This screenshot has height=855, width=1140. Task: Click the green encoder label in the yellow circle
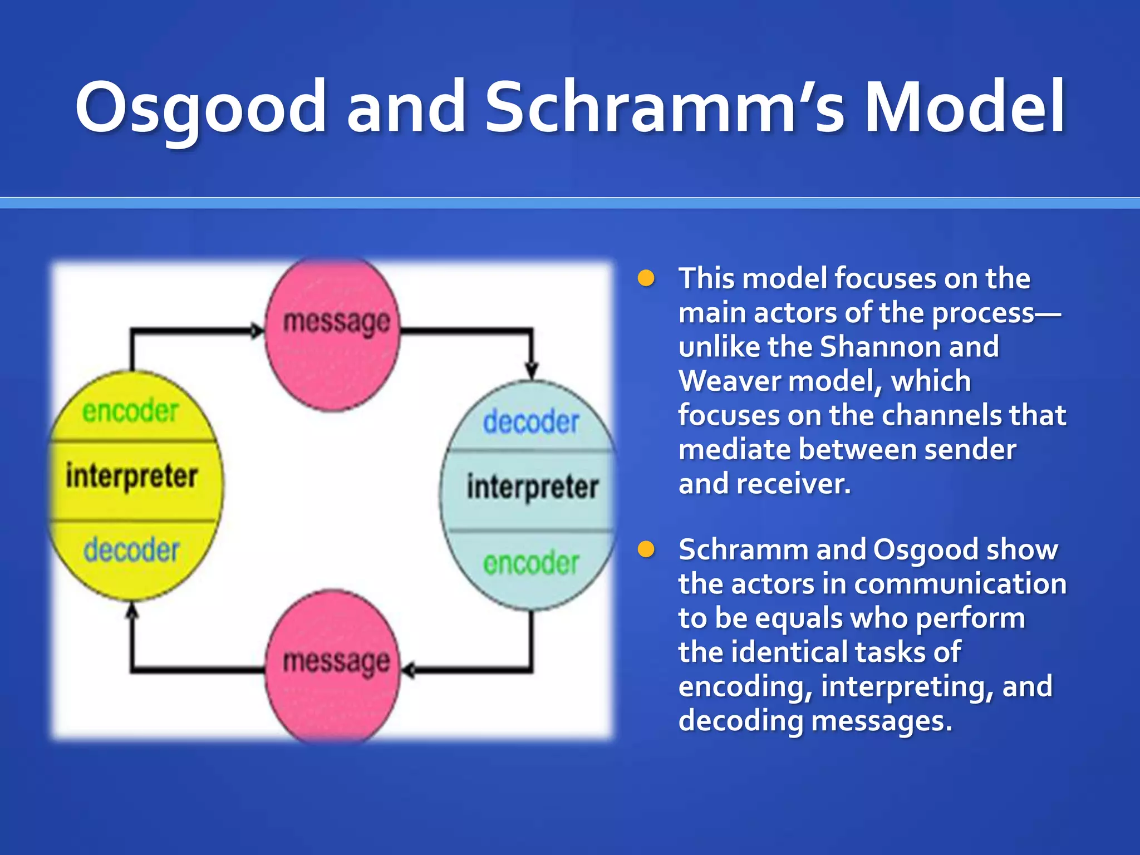tap(130, 412)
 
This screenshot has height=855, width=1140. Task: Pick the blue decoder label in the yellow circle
tap(131, 550)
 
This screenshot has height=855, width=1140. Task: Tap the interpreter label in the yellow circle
tap(131, 476)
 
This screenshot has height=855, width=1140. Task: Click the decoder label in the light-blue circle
tap(531, 422)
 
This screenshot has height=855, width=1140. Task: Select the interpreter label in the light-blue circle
tap(532, 487)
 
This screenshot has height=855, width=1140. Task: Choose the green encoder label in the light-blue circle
tap(531, 563)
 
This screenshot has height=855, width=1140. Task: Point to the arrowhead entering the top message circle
tap(257, 331)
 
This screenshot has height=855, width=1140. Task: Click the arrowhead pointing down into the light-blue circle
tap(532, 371)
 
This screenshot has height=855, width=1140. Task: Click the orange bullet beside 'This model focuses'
tap(646, 278)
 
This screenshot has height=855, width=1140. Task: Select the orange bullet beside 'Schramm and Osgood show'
tap(646, 549)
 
